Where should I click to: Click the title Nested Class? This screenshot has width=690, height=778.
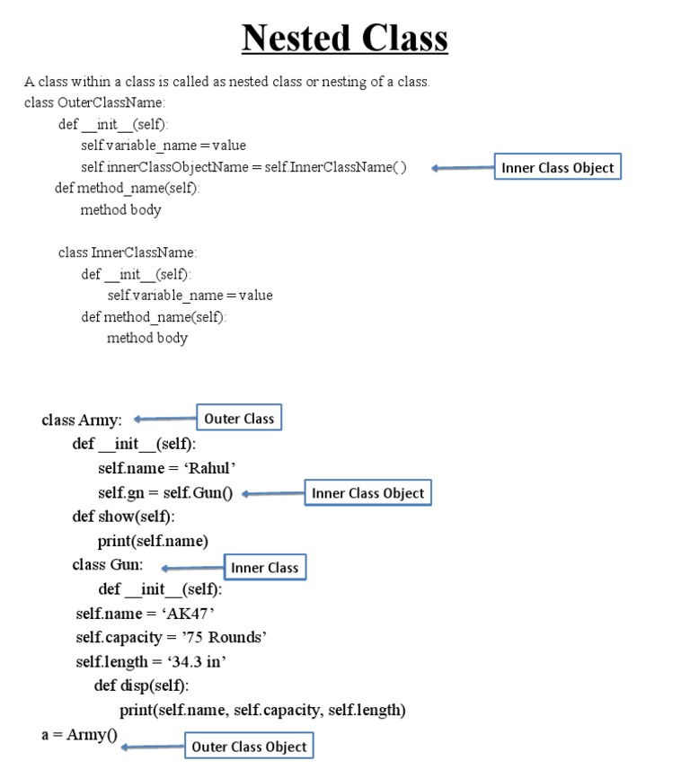[345, 39]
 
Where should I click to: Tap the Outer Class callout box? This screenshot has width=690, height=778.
[239, 419]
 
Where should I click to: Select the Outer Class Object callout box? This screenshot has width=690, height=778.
[249, 747]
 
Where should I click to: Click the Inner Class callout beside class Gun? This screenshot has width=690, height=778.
[264, 568]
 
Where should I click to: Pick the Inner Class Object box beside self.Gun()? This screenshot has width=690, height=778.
[367, 493]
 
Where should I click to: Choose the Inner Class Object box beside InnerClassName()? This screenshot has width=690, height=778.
[557, 167]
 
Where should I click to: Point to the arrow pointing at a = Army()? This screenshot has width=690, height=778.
[153, 747]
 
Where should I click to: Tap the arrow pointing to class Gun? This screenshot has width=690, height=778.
[191, 568]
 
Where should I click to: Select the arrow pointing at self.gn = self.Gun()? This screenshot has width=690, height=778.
[273, 493]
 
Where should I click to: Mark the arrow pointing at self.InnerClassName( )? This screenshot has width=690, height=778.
[462, 168]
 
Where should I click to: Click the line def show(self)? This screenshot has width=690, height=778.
[124, 517]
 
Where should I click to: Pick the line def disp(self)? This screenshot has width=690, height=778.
[141, 686]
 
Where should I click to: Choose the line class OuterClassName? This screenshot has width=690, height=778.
[94, 102]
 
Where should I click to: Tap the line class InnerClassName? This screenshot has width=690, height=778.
[128, 252]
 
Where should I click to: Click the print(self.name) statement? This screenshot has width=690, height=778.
[153, 541]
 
